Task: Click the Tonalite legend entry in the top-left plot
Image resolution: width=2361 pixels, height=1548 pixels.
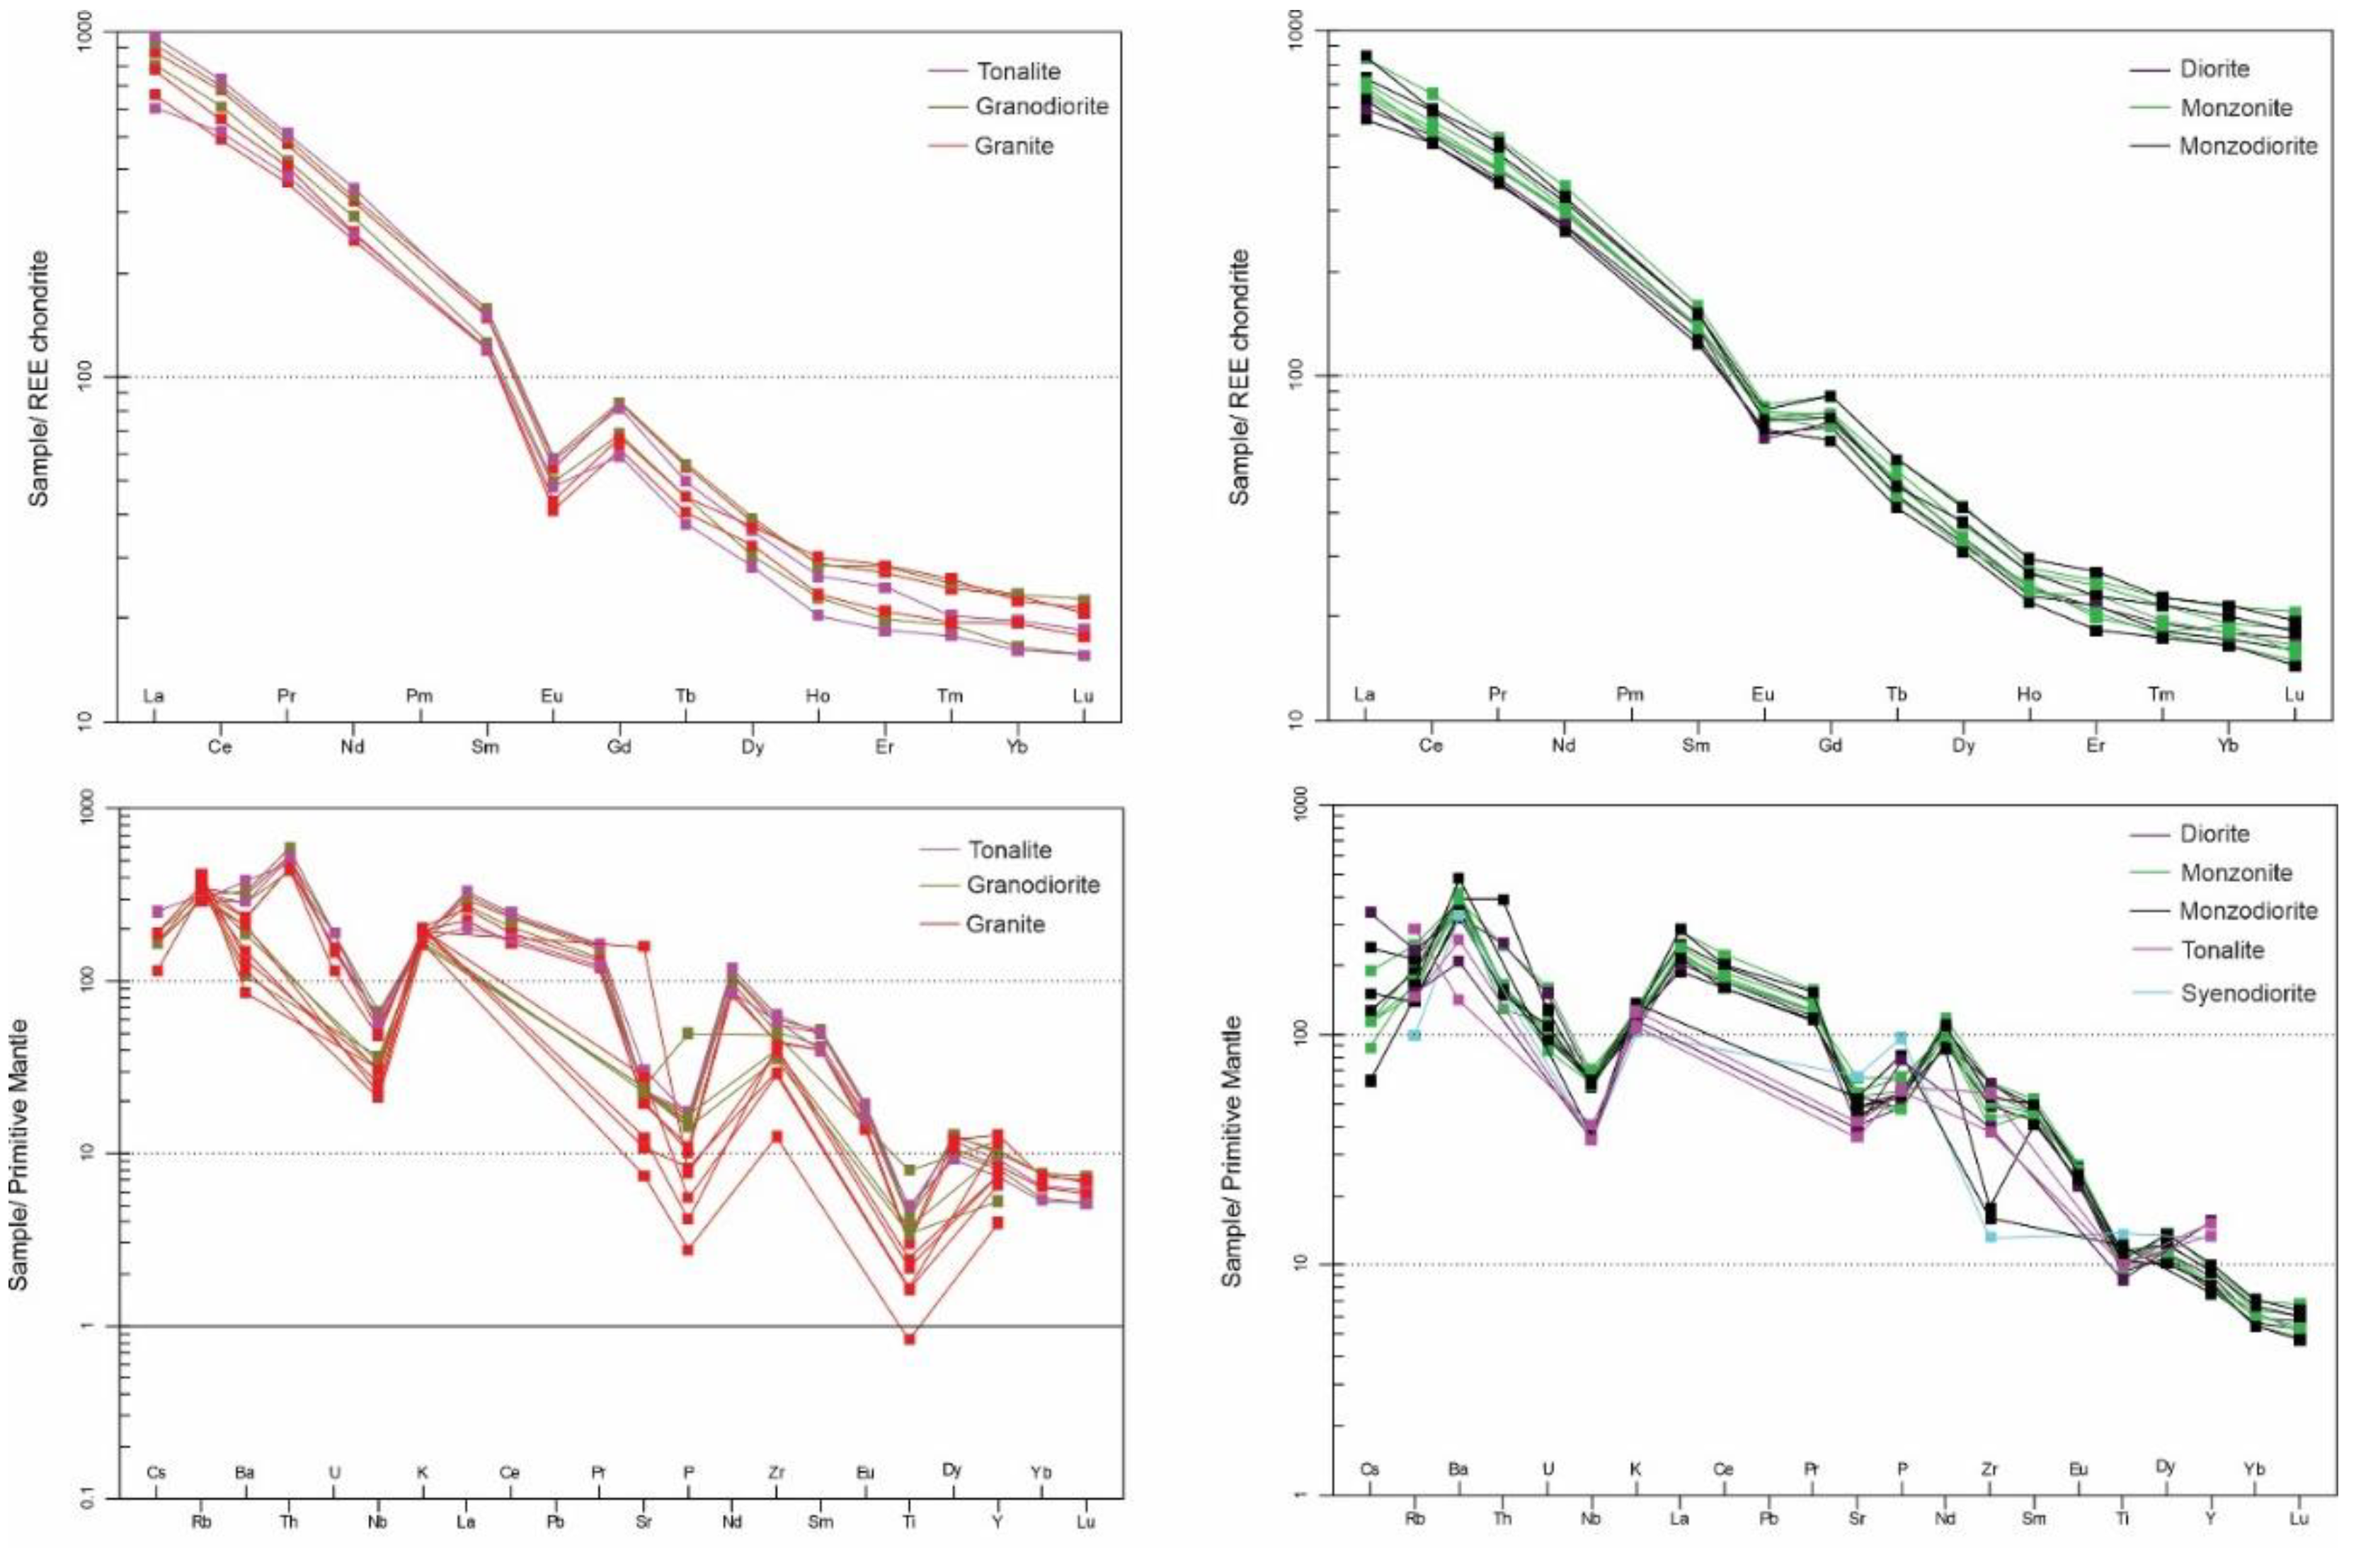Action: click(x=1017, y=71)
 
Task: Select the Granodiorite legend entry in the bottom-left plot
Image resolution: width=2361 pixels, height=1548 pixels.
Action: click(x=1031, y=885)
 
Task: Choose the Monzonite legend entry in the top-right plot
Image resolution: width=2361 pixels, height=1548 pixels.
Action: click(x=2235, y=108)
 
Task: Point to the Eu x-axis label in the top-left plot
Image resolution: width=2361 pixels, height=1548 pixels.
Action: click(x=551, y=696)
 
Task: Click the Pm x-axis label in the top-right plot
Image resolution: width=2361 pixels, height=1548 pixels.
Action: click(x=1630, y=694)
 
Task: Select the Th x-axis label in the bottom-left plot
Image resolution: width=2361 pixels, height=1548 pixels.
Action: click(x=289, y=1521)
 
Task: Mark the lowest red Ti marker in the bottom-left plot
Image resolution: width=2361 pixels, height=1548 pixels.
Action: click(x=909, y=1338)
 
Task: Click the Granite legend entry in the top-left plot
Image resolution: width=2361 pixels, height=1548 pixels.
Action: click(x=1013, y=146)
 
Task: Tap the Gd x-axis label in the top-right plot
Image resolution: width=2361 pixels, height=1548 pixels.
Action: click(x=1830, y=746)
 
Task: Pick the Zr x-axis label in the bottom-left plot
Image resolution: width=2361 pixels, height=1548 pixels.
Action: click(x=776, y=1473)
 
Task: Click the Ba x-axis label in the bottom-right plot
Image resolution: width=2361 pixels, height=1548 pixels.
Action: click(x=1457, y=1469)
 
